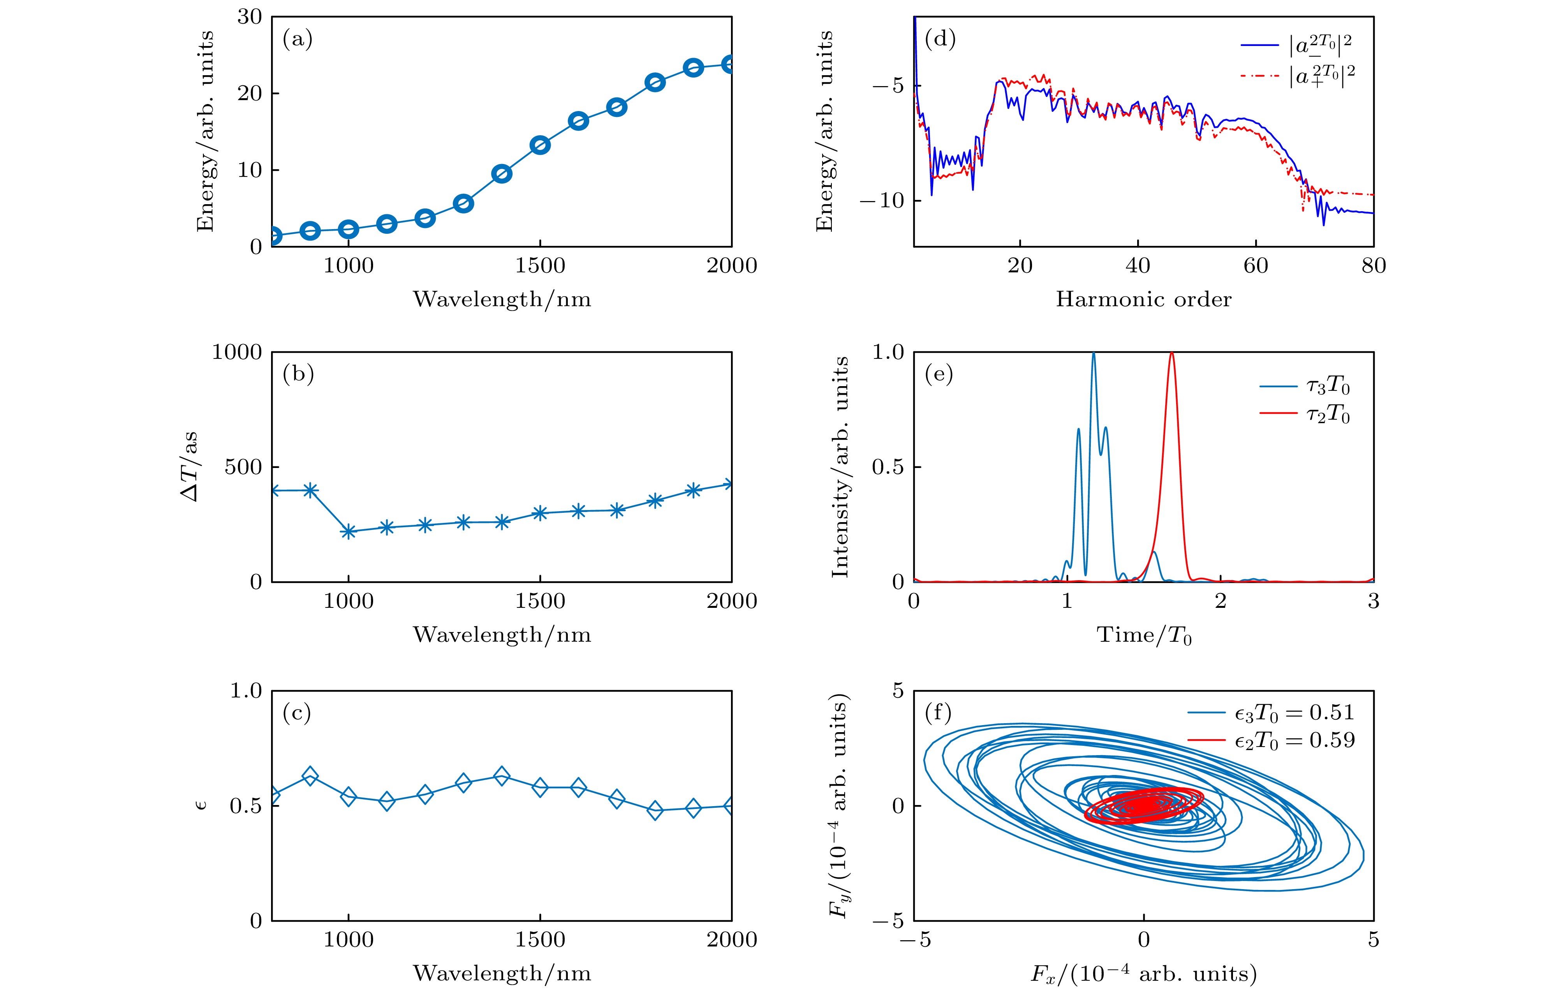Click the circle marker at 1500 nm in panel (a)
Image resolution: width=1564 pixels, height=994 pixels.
[540, 145]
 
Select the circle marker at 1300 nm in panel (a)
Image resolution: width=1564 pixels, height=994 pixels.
[463, 203]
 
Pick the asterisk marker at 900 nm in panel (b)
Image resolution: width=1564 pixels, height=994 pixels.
[310, 490]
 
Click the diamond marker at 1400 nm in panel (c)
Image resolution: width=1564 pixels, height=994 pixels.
[502, 776]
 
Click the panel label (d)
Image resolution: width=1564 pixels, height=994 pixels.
[940, 40]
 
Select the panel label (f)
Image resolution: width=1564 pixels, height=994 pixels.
[938, 713]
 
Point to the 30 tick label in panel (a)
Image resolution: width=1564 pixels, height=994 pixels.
[249, 17]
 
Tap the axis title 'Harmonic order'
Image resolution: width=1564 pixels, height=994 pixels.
[1143, 300]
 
